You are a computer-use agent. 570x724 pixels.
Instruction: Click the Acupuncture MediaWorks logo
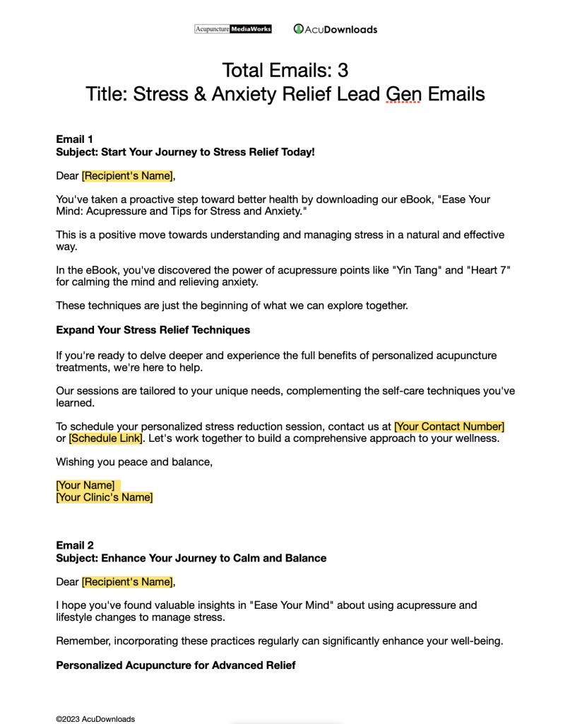(232, 29)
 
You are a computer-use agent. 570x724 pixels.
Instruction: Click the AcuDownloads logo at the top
(336, 29)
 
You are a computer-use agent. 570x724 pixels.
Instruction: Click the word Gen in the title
(403, 93)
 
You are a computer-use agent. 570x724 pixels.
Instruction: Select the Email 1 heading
(74, 139)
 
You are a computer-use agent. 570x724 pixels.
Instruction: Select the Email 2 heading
(74, 545)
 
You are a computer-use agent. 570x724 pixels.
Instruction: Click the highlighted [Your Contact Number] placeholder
(449, 426)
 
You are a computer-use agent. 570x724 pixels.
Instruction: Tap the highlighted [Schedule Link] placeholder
(105, 438)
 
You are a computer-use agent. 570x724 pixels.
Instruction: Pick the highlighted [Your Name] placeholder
(85, 485)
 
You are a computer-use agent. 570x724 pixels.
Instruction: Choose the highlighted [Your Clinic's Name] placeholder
(105, 497)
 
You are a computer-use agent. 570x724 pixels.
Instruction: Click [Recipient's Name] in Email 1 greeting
(127, 176)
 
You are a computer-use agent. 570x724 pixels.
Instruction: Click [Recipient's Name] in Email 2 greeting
(127, 582)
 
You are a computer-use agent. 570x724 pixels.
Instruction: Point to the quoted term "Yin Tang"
(388, 271)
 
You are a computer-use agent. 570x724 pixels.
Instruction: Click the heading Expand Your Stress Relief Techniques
(153, 330)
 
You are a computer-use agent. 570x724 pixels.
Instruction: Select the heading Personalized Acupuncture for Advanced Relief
(175, 665)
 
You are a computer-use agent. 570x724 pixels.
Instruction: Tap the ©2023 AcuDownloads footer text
(95, 719)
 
